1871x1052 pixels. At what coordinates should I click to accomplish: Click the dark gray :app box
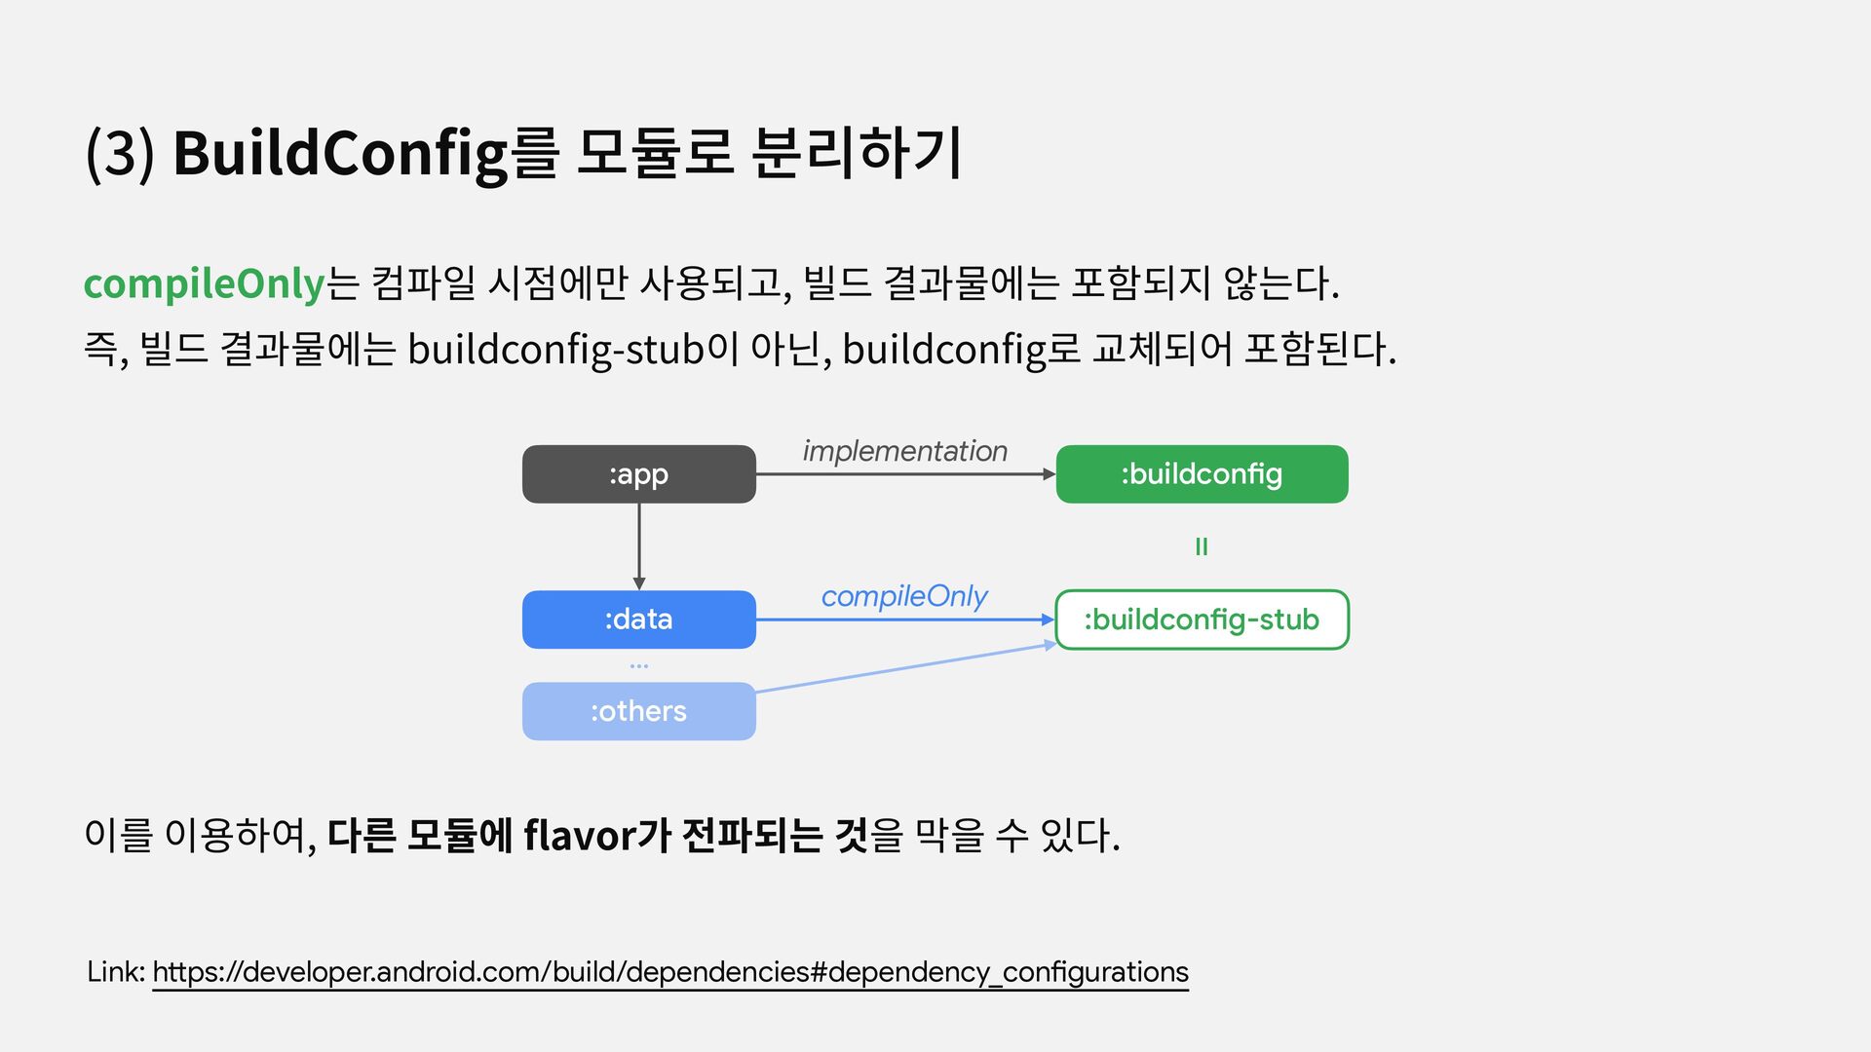click(x=638, y=474)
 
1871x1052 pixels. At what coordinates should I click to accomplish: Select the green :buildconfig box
click(x=1202, y=474)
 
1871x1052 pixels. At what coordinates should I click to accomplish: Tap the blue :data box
click(x=638, y=620)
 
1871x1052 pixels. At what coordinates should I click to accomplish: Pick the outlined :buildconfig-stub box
click(x=1202, y=620)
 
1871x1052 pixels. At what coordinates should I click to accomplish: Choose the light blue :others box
click(x=638, y=711)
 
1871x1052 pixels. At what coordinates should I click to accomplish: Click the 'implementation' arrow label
click(x=904, y=451)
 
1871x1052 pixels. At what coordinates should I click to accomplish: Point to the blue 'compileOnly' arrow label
click(x=904, y=595)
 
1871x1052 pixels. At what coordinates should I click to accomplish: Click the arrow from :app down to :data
click(x=639, y=545)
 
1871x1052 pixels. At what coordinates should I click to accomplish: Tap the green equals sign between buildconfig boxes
click(x=1202, y=547)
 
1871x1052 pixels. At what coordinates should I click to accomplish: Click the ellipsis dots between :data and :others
click(x=639, y=666)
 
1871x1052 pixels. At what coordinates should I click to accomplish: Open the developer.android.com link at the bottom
click(x=670, y=972)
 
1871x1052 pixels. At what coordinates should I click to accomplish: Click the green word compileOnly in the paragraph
click(x=204, y=283)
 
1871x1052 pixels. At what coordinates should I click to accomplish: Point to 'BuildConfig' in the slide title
click(x=340, y=153)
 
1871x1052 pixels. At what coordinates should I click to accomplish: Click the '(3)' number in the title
click(x=120, y=153)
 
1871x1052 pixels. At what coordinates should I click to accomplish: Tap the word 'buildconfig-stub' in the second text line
click(x=555, y=349)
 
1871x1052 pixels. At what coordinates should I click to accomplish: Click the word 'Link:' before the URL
click(x=116, y=972)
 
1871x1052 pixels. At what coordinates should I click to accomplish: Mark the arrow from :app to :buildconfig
click(x=904, y=474)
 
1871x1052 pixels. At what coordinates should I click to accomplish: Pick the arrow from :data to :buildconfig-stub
click(x=904, y=620)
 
